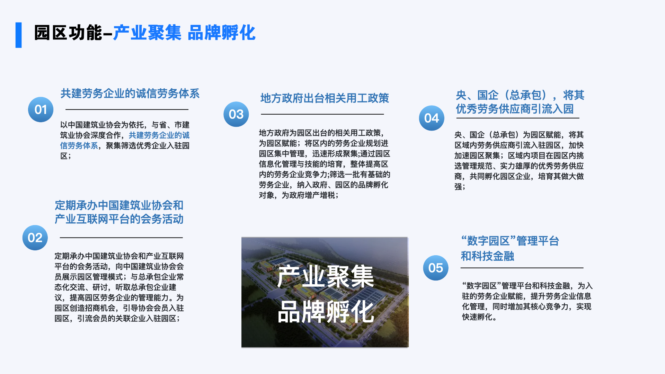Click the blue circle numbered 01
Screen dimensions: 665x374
[41, 109]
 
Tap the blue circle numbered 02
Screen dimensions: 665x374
[35, 238]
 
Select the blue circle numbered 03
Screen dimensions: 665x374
[236, 114]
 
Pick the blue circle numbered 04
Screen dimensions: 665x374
[432, 118]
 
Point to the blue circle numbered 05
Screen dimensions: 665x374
[436, 268]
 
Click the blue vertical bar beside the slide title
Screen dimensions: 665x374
[19, 35]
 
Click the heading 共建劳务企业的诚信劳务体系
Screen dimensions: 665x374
[130, 93]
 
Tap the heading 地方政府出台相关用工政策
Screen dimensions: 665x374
[325, 98]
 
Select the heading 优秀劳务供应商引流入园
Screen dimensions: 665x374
[515, 109]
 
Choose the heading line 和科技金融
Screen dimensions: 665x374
[487, 256]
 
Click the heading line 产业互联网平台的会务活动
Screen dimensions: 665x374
[119, 219]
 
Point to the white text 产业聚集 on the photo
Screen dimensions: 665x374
[325, 277]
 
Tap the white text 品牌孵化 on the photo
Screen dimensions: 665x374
[325, 312]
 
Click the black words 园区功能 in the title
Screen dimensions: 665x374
[68, 33]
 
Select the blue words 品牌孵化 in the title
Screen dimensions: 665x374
[222, 33]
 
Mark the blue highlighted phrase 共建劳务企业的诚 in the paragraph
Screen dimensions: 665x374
[159, 135]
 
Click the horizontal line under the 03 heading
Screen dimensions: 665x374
[322, 114]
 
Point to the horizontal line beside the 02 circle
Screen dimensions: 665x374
[121, 238]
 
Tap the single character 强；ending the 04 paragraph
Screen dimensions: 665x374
[460, 187]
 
